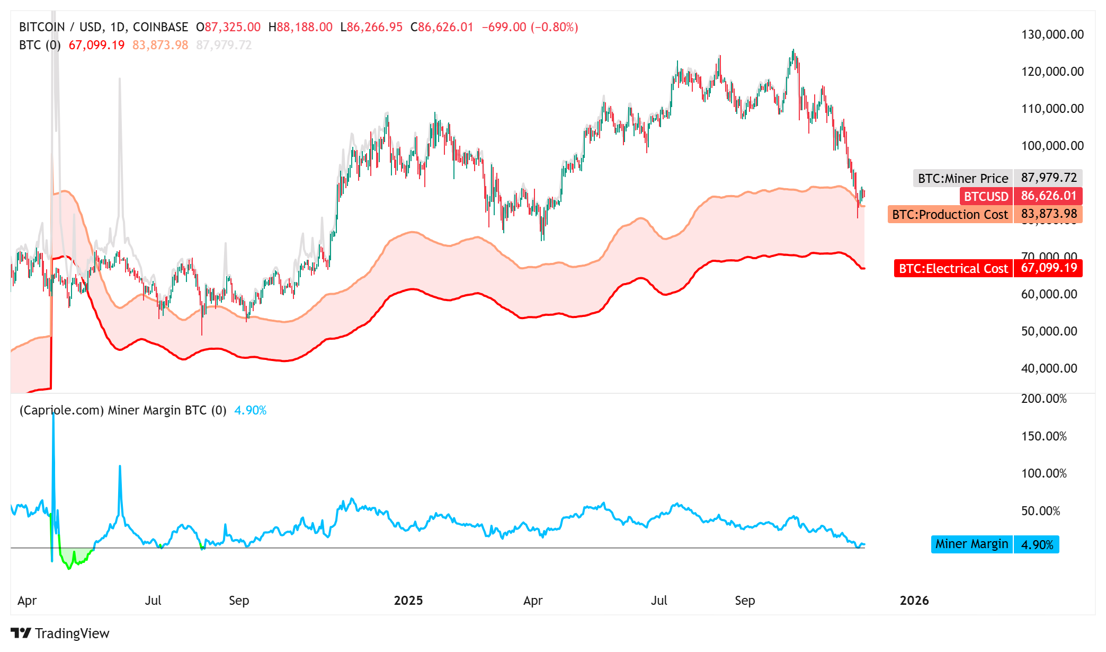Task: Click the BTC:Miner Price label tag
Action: pyautogui.click(x=962, y=178)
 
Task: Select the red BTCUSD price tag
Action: pyautogui.click(x=986, y=196)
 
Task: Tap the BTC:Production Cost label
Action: pyautogui.click(x=950, y=214)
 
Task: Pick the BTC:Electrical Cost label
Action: pyautogui.click(x=953, y=268)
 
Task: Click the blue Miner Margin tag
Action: pyautogui.click(x=971, y=544)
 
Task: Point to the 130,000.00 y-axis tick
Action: pyautogui.click(x=1052, y=34)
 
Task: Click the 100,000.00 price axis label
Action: pyautogui.click(x=1052, y=146)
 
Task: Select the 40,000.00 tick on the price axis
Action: pyautogui.click(x=1049, y=368)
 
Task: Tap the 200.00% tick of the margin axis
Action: pyautogui.click(x=1043, y=399)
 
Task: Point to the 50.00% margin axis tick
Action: pyautogui.click(x=1040, y=511)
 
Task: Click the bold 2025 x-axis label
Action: pyautogui.click(x=408, y=601)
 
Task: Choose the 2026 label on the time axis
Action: pyautogui.click(x=914, y=601)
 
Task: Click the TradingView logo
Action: pyautogui.click(x=60, y=633)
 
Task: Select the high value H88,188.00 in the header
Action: pyautogui.click(x=300, y=27)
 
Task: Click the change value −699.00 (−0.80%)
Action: pyautogui.click(x=530, y=27)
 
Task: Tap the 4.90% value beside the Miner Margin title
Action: pyautogui.click(x=251, y=410)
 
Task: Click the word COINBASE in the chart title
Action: pyautogui.click(x=160, y=27)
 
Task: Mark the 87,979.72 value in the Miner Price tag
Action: pyautogui.click(x=1048, y=178)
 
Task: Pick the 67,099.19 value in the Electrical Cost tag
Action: pyautogui.click(x=1048, y=268)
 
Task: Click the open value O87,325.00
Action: pyautogui.click(x=228, y=27)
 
